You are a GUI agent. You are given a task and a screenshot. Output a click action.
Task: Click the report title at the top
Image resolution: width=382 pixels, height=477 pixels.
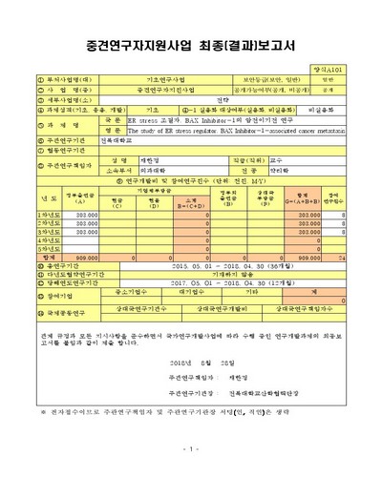pyautogui.click(x=191, y=45)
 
